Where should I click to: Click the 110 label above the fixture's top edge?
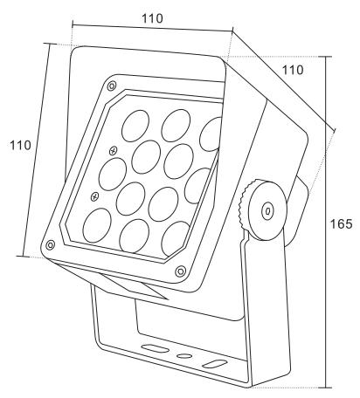point(152,18)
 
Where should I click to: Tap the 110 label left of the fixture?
point(20,145)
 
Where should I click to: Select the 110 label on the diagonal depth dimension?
point(293,70)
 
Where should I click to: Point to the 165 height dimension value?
point(341,223)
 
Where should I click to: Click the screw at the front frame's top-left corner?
point(112,86)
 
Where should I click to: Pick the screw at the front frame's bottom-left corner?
point(51,245)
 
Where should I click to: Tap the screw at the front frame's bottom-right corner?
point(180,271)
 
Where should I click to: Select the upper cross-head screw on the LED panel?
point(113,151)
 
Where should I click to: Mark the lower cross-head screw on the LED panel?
point(94,196)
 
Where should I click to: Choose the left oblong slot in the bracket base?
point(154,348)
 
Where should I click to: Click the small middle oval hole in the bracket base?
point(185,356)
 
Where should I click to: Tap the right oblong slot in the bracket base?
point(215,363)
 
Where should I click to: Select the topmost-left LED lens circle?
point(135,126)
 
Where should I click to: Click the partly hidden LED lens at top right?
point(211,134)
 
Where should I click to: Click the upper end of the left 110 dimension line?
point(50,44)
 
